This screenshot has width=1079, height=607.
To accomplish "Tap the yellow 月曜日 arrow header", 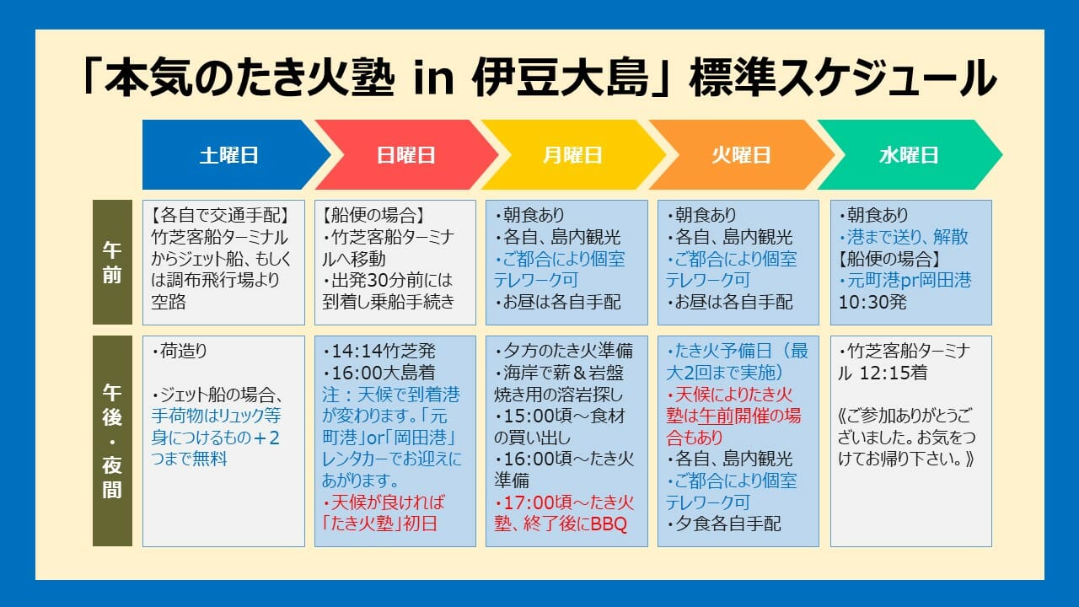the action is pos(572,154).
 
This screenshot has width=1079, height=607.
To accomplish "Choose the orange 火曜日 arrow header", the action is pos(741,154).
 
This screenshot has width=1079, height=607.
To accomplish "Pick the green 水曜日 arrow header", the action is pos(909,154).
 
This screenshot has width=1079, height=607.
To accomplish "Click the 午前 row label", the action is pos(112,262).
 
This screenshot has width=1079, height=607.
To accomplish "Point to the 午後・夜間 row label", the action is pos(112,441).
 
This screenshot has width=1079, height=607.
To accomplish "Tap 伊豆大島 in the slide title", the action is pos(561,78).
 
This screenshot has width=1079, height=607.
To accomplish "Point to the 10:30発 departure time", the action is pos(872,302).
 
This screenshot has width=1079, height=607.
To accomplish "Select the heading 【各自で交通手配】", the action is pos(220,215).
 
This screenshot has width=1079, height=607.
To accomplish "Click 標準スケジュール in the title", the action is pos(843,78).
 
